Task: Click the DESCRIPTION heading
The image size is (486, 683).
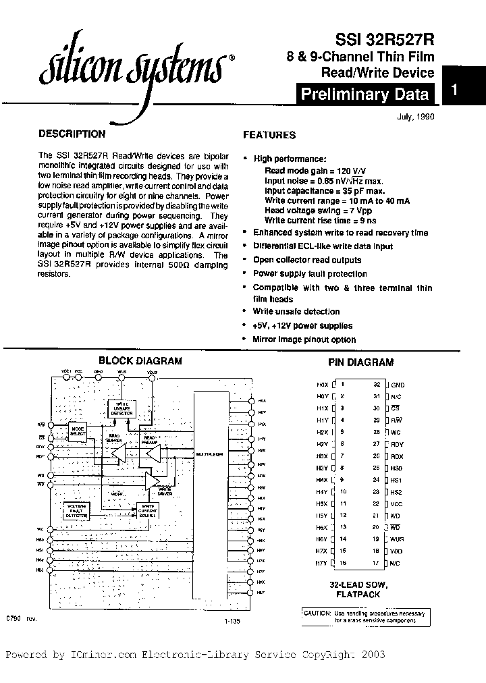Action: [x=72, y=134]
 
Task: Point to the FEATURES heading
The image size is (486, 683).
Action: [x=269, y=135]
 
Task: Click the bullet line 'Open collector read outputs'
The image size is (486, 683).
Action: [x=307, y=260]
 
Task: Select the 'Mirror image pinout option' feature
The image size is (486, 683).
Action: [x=304, y=339]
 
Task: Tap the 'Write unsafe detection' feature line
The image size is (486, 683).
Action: [x=296, y=312]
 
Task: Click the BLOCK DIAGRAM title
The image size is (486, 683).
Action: [x=140, y=360]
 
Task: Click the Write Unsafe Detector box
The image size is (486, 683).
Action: [x=122, y=408]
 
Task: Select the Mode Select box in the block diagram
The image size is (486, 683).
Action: [x=78, y=430]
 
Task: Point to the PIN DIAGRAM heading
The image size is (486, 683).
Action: [x=360, y=362]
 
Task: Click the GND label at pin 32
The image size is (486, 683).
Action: [x=398, y=384]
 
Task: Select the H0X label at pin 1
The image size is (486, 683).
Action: [x=322, y=384]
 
